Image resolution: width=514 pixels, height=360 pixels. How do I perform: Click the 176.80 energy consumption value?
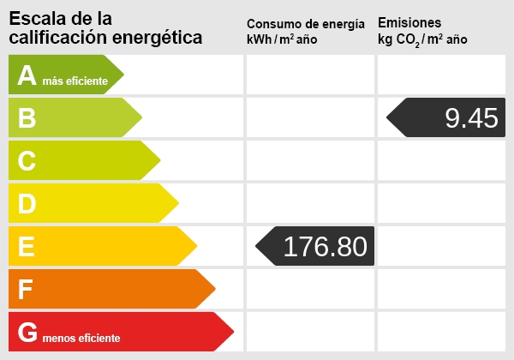[x=325, y=247]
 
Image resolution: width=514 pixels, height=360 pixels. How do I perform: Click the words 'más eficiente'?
[x=75, y=81]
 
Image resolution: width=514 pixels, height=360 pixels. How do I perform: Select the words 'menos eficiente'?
[x=81, y=339]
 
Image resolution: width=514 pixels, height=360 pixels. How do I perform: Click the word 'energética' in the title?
[x=161, y=37]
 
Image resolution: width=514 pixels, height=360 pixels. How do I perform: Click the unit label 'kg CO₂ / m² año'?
[x=423, y=40]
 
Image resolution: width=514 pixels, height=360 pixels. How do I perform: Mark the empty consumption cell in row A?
[x=310, y=75]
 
